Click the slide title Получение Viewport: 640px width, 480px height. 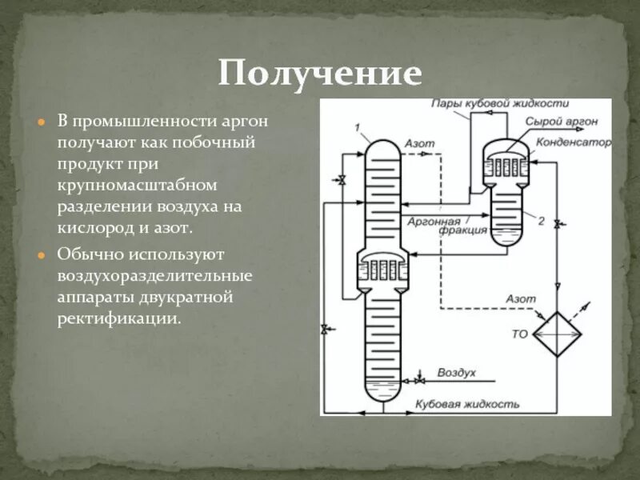pyautogui.click(x=320, y=74)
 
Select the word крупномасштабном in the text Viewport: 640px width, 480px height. pyautogui.click(x=137, y=186)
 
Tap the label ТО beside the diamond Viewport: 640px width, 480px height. pyautogui.click(x=520, y=334)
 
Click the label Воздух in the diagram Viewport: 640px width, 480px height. pyautogui.click(x=456, y=374)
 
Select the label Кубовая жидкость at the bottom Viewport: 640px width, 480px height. pyautogui.click(x=467, y=404)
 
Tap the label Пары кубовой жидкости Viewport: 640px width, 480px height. pyautogui.click(x=498, y=104)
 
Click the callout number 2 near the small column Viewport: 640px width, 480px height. pyautogui.click(x=541, y=221)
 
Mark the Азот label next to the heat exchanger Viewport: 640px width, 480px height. pyautogui.click(x=520, y=298)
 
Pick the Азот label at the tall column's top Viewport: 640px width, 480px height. pyautogui.click(x=419, y=143)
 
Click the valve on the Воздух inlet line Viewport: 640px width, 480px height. pyautogui.click(x=419, y=374)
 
